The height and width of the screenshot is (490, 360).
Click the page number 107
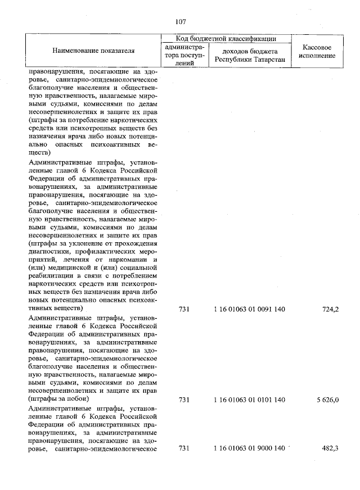180,21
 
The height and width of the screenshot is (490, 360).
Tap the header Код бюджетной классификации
226,39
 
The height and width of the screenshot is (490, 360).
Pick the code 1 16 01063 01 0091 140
250,309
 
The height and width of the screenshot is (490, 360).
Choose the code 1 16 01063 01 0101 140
250,400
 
